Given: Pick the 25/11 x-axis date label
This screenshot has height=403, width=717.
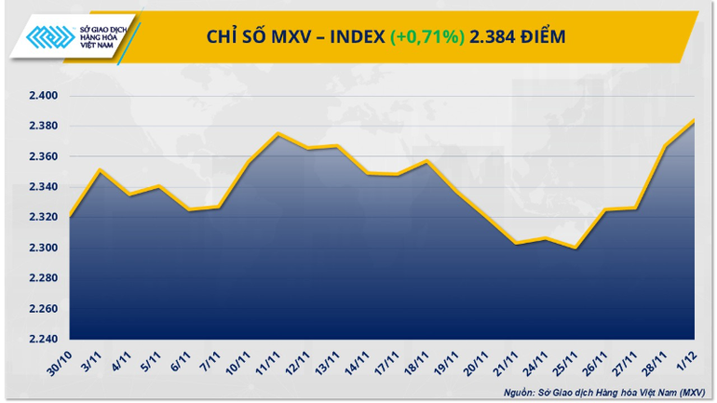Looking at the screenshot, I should pyautogui.click(x=566, y=361).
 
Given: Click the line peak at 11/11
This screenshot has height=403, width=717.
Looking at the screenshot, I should pyautogui.click(x=278, y=133).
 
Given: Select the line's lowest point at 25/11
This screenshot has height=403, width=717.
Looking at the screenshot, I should pyautogui.click(x=576, y=248).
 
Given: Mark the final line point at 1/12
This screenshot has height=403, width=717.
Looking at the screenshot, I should pyautogui.click(x=695, y=119).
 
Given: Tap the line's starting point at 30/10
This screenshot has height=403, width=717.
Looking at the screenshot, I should pyautogui.click(x=71, y=217).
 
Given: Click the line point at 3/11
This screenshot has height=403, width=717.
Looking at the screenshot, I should pyautogui.click(x=101, y=169).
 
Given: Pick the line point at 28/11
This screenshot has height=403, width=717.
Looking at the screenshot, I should pyautogui.click(x=666, y=145).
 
